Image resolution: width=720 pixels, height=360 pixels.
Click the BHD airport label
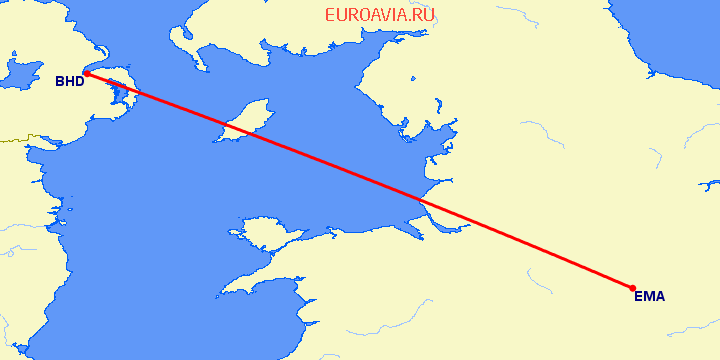(69, 83)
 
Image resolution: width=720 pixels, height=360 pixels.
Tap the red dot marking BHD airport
(87, 73)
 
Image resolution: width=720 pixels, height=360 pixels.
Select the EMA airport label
(649, 296)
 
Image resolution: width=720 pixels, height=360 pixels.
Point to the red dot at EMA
(633, 288)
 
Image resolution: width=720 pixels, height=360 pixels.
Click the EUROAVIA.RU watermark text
(380, 15)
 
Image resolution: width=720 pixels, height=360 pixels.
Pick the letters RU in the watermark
(424, 15)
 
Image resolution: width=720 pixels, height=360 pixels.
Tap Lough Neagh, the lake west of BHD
(20, 72)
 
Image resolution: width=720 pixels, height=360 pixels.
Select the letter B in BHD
(59, 83)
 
